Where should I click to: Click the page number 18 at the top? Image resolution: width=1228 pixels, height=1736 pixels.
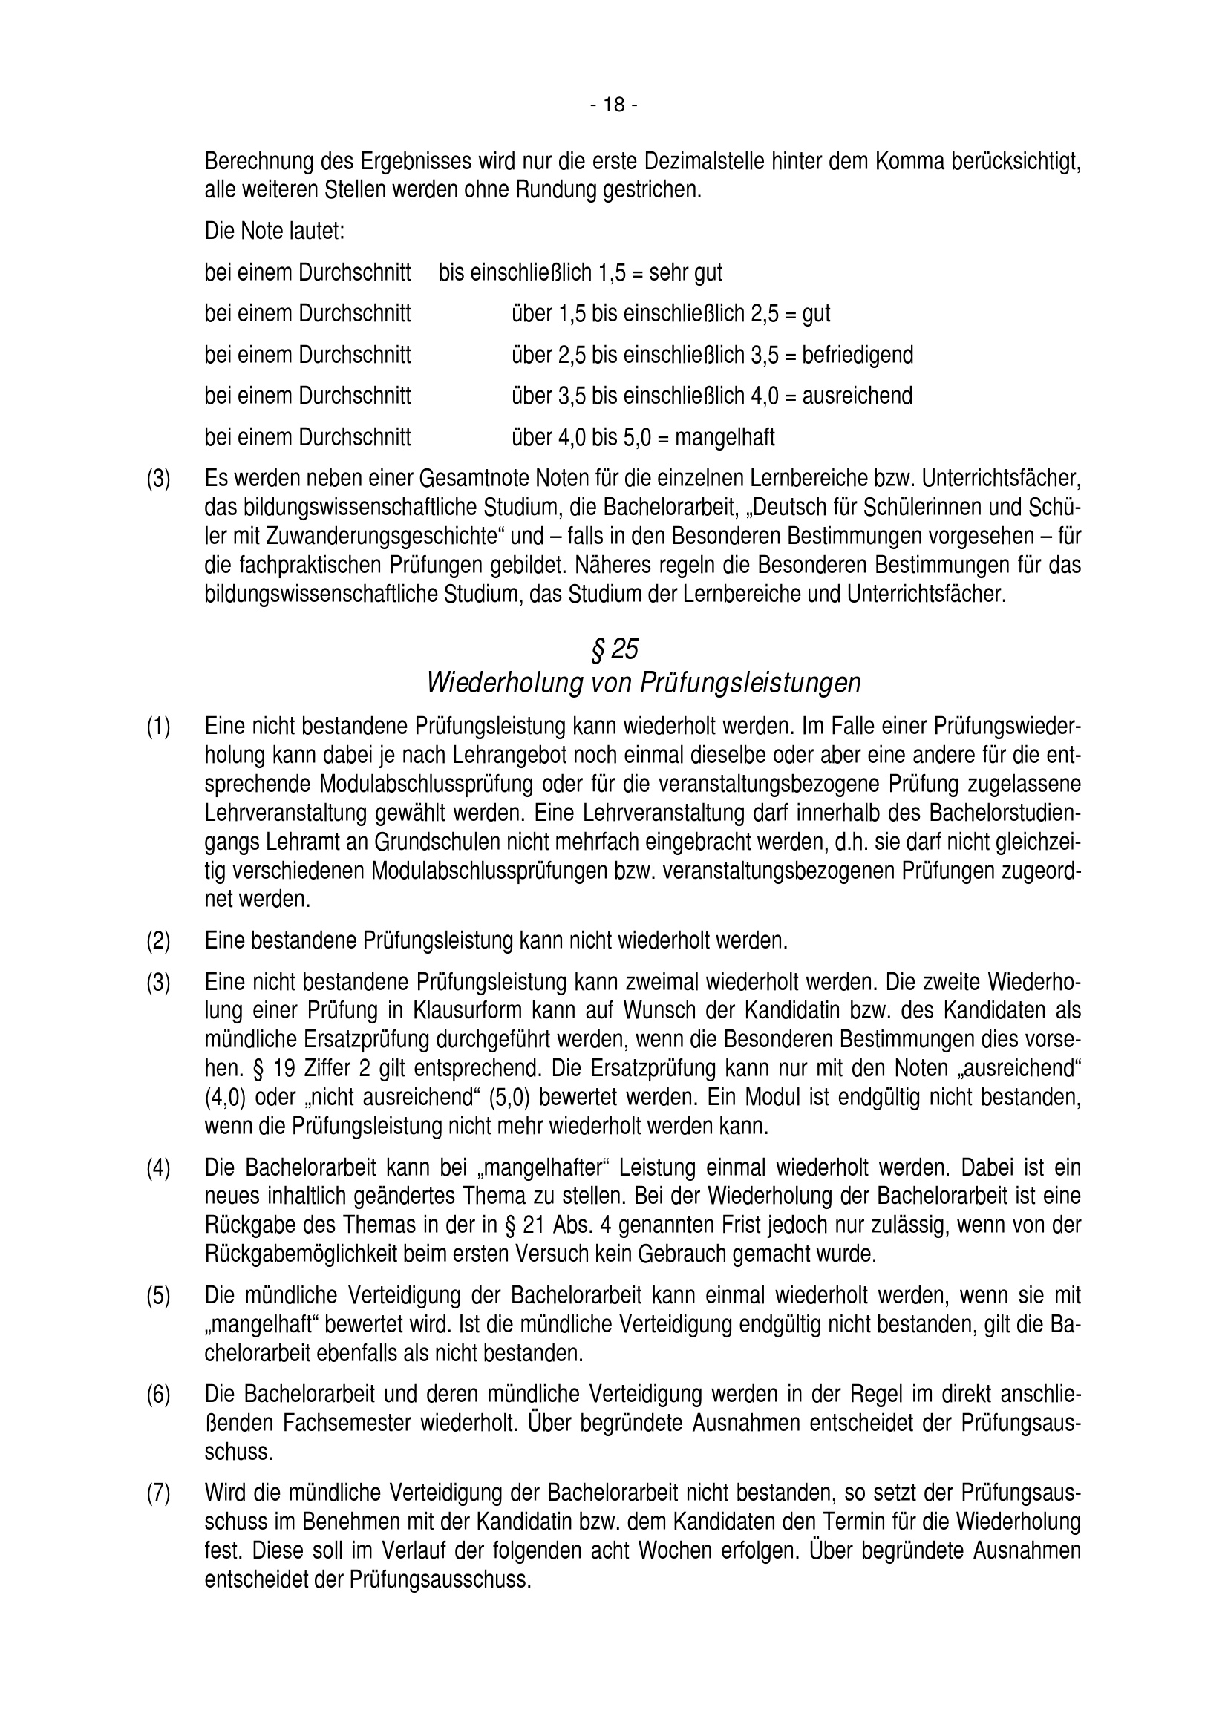click(614, 105)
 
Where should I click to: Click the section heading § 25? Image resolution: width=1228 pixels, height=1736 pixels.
click(613, 649)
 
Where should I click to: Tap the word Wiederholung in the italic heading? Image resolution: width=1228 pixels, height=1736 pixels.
click(503, 683)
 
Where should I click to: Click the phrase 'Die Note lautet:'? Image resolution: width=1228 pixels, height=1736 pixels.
click(275, 232)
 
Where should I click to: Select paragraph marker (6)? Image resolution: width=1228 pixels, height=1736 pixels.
click(159, 1394)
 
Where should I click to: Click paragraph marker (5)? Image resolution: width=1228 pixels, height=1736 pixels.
click(159, 1295)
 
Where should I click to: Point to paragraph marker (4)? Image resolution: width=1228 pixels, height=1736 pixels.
click(159, 1167)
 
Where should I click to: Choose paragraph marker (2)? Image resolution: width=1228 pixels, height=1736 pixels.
click(159, 941)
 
